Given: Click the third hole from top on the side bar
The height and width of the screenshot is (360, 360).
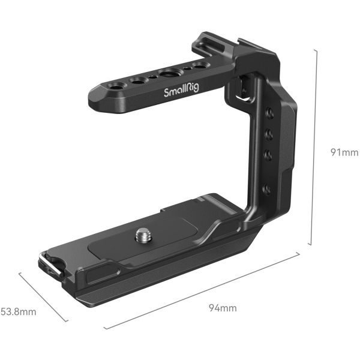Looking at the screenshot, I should tap(267, 155).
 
